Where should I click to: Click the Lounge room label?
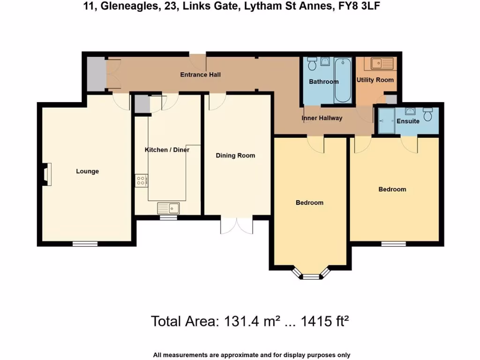coord(87,172)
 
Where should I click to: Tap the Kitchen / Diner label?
coord(166,150)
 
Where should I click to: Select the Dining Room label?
coord(235,156)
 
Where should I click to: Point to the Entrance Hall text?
coord(201,75)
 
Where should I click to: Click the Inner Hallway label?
coord(322,118)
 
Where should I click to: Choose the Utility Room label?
coord(375,80)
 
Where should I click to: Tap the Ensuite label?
coord(408,121)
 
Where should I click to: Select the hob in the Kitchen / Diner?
coord(141,180)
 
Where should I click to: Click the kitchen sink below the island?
coord(168,208)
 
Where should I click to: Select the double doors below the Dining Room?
coord(237,225)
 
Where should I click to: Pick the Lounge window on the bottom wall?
coord(85,243)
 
